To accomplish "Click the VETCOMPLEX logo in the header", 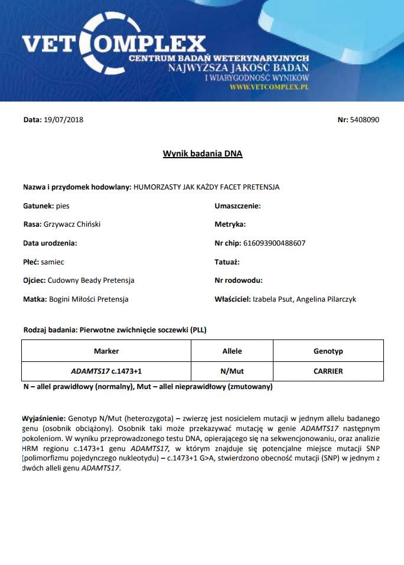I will (112, 43).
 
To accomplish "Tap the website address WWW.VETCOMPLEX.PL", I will (269, 86).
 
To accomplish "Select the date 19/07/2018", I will (63, 120).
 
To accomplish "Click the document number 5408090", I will (364, 120).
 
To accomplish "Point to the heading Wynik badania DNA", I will (203, 154).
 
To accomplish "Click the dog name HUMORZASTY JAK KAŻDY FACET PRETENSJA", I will (206, 187).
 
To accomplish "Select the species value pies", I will (63, 206).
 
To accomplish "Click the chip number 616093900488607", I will (278, 243).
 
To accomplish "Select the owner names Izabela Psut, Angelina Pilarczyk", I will (304, 299).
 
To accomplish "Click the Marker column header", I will (106, 351).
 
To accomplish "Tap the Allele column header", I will (232, 351).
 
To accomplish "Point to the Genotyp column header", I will (328, 351).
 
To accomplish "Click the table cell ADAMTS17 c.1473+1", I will (106, 371).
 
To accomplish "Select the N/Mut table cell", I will (232, 371).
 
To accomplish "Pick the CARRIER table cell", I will (328, 371).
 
